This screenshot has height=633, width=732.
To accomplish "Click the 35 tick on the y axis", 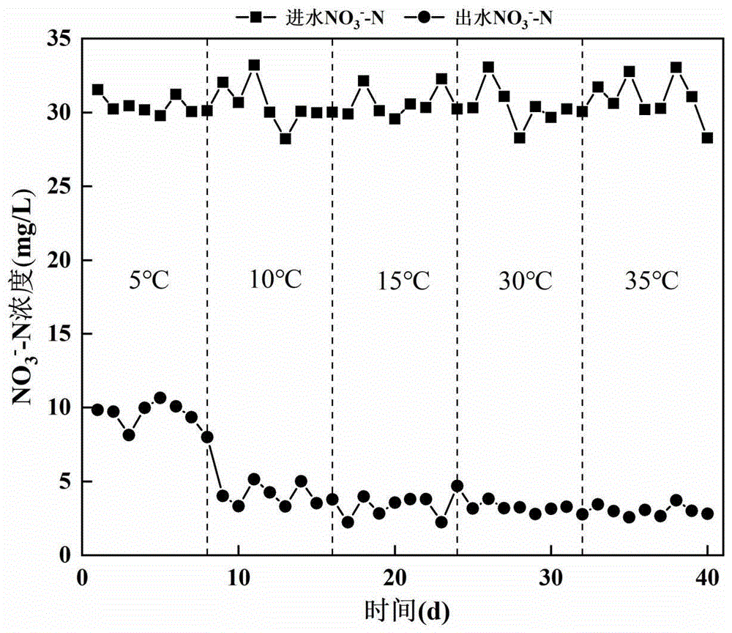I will (x=61, y=39).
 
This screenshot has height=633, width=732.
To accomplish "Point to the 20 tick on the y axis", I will (x=61, y=260).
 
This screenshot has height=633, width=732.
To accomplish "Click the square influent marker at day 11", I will (x=254, y=65).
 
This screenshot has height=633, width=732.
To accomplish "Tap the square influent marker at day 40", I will (x=707, y=138).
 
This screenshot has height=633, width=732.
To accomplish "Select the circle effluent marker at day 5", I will (x=160, y=398).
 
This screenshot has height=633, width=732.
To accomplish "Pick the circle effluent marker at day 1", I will (x=97, y=410).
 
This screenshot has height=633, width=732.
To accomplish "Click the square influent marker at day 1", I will (x=97, y=89).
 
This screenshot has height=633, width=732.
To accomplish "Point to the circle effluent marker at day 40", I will (x=707, y=514).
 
